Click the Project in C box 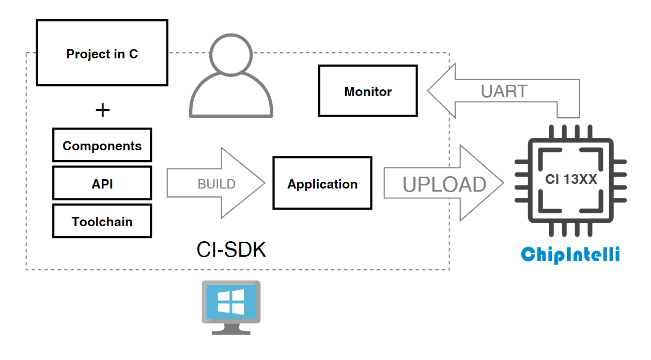coord(102,53)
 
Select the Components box coord(102,146)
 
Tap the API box coord(102,183)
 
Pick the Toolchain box coord(102,222)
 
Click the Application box coord(322,184)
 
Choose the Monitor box coord(368,91)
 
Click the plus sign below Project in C coord(103,109)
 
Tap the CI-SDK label coord(231,250)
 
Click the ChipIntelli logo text coord(570,254)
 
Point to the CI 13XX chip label coord(571,179)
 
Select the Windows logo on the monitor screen coord(231,302)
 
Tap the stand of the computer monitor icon coord(231,328)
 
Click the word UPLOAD coord(444,184)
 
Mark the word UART coord(504,91)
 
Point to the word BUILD coord(216,184)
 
